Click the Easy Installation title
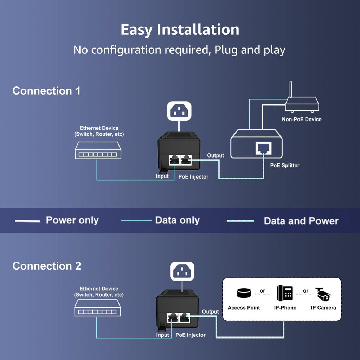180,30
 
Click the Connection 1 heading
46,91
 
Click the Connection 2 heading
47,266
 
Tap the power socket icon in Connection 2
182,271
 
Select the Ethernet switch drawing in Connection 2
97,311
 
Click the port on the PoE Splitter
263,148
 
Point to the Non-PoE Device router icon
302,103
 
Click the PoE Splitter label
284,165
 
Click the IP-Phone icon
285,293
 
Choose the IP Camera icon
323,294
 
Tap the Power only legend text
72,220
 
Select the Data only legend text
177,220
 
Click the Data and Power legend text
301,221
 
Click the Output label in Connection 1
215,155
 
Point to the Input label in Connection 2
162,335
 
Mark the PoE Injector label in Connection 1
193,176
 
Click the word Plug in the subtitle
226,50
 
